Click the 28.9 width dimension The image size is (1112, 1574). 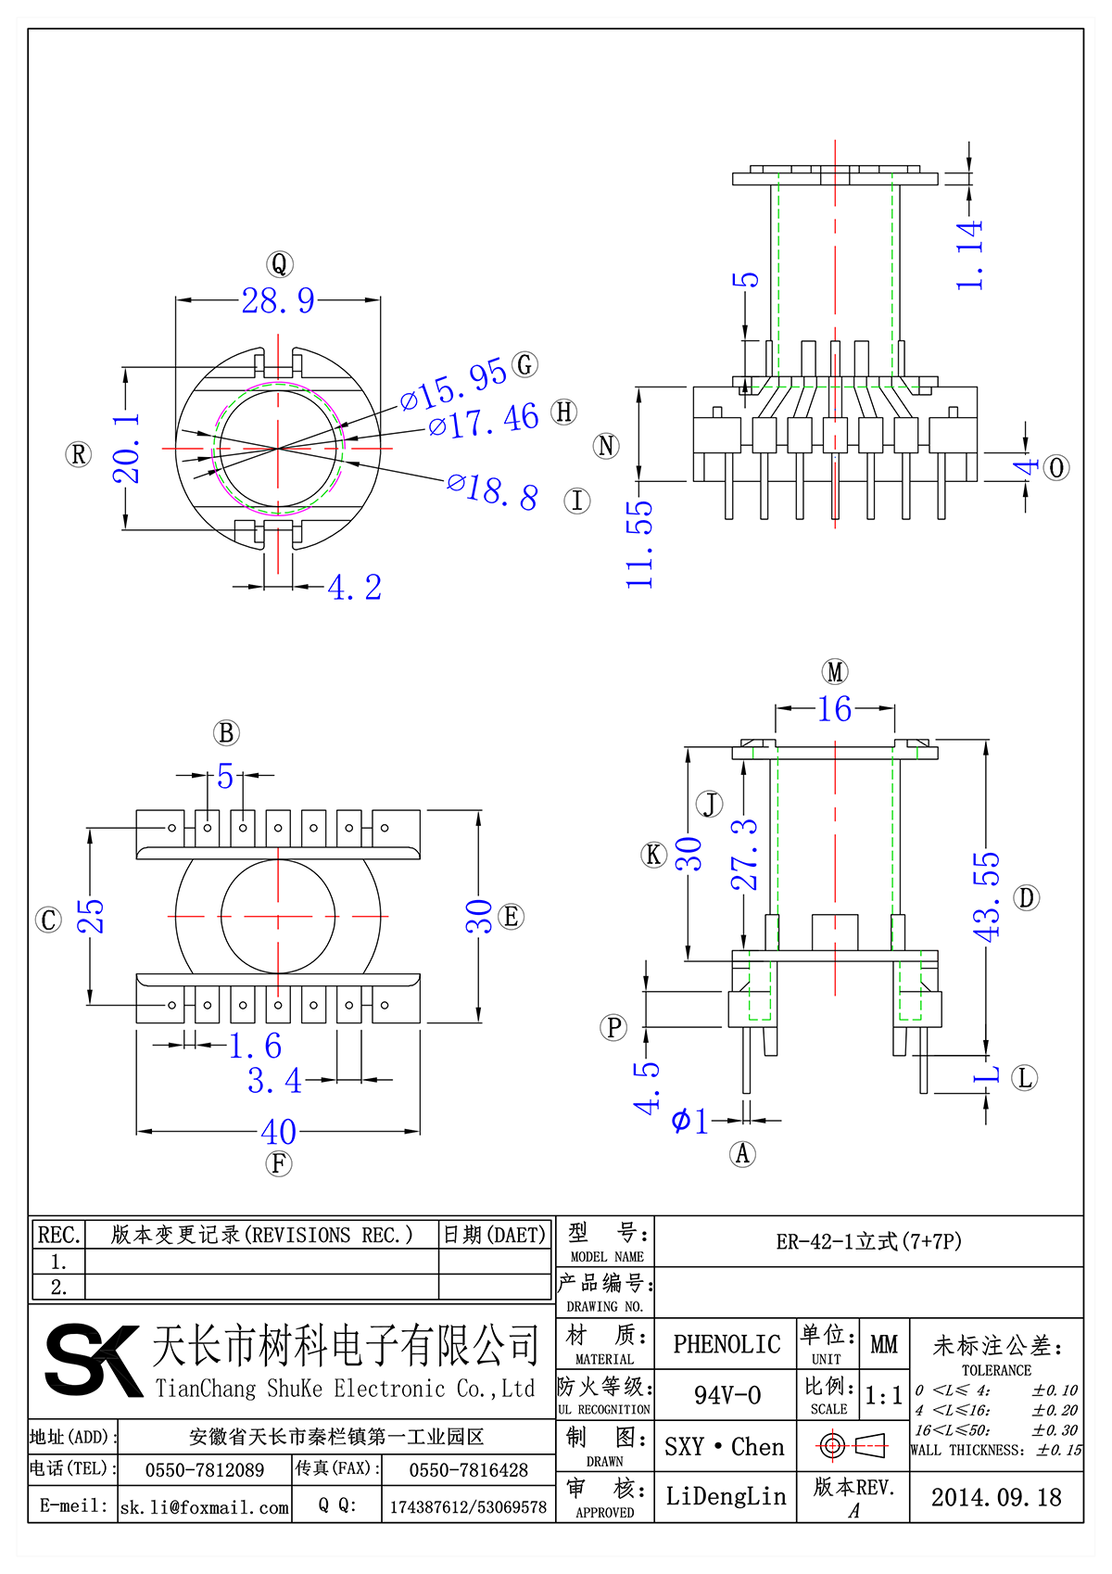pos(278,300)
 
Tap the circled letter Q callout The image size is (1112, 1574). pos(279,264)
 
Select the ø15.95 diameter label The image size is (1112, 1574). pos(453,384)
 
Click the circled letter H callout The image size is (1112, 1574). pos(563,412)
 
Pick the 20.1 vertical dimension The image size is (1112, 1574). pos(127,449)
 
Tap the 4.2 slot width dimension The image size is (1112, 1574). pos(354,588)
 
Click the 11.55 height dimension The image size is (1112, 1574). pos(639,544)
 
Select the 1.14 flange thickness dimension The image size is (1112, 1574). pos(969,256)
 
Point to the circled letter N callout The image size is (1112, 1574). pos(606,446)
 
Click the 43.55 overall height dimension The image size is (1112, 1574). pos(987,896)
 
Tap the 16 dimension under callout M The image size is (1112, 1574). pos(834,709)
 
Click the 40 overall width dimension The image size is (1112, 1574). pos(278,1132)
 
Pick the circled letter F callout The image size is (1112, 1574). pos(278,1163)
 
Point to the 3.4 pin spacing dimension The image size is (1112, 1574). pos(274,1081)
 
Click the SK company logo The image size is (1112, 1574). pos(93,1360)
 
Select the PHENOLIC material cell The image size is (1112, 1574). pos(727,1344)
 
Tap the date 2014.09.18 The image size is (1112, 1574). pos(996,1497)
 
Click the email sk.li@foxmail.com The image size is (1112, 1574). pos(205,1507)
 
